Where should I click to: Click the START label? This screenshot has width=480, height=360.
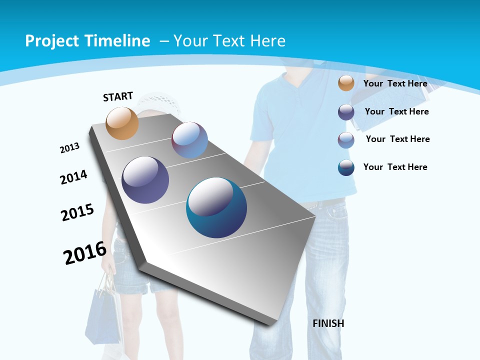(118, 96)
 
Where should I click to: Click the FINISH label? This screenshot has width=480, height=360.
(328, 323)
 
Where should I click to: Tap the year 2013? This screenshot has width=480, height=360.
(70, 148)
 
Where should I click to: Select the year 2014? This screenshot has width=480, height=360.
(74, 177)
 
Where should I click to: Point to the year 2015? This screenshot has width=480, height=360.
(77, 212)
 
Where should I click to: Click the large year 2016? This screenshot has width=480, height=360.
(85, 252)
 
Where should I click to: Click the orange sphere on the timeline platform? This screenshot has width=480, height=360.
(122, 123)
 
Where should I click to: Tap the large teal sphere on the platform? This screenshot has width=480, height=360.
(216, 207)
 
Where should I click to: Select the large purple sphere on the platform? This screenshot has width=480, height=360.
(145, 180)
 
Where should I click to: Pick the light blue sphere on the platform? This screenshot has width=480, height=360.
(190, 140)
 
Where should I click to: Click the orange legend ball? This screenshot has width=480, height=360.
(346, 83)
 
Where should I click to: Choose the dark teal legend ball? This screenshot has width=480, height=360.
(346, 167)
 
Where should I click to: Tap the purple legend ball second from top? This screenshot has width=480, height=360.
(346, 112)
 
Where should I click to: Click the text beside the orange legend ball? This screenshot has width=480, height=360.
(395, 83)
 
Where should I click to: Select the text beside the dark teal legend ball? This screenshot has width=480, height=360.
(395, 167)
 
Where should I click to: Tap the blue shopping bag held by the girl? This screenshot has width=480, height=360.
(102, 315)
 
